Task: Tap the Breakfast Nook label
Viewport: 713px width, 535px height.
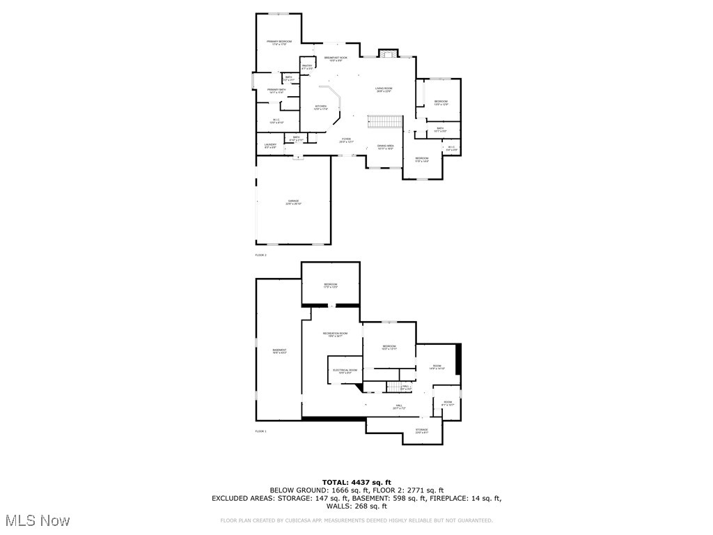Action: point(336,59)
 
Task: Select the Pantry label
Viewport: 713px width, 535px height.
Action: point(307,68)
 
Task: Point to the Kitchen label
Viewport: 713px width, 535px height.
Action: point(320,108)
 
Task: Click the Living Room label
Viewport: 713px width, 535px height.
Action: point(384,90)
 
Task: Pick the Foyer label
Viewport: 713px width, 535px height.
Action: point(346,140)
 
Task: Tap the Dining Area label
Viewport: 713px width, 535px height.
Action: point(386,147)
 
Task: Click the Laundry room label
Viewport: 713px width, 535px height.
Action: point(271,146)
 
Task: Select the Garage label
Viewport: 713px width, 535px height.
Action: point(294,202)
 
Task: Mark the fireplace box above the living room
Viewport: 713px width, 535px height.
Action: point(386,54)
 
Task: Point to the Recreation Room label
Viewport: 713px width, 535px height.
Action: point(335,335)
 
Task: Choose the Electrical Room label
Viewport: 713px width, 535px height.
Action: point(345,371)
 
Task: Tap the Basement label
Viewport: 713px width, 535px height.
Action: point(279,351)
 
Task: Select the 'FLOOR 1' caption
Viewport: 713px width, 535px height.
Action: point(261,431)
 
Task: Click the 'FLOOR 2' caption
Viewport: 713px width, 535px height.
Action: point(261,255)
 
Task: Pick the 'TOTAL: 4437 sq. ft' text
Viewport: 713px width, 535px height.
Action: point(356,482)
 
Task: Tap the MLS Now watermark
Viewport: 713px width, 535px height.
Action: point(37,520)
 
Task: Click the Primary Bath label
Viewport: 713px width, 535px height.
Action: point(276,91)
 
